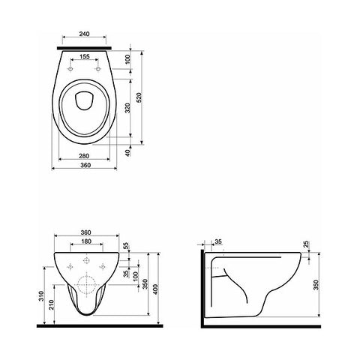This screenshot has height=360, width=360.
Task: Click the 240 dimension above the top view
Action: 85,34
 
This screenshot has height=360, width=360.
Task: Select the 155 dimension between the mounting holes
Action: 85,57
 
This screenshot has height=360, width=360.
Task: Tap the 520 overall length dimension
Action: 139,97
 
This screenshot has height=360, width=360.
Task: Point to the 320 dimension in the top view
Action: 127,108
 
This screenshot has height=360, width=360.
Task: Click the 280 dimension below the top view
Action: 84,156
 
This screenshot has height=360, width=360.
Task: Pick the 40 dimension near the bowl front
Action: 127,153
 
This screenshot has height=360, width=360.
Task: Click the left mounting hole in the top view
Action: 70,69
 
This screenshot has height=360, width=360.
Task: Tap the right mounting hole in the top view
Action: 98,69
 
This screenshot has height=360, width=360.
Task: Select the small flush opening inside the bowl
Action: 85,100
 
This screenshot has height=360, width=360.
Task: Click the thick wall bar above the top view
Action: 84,48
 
